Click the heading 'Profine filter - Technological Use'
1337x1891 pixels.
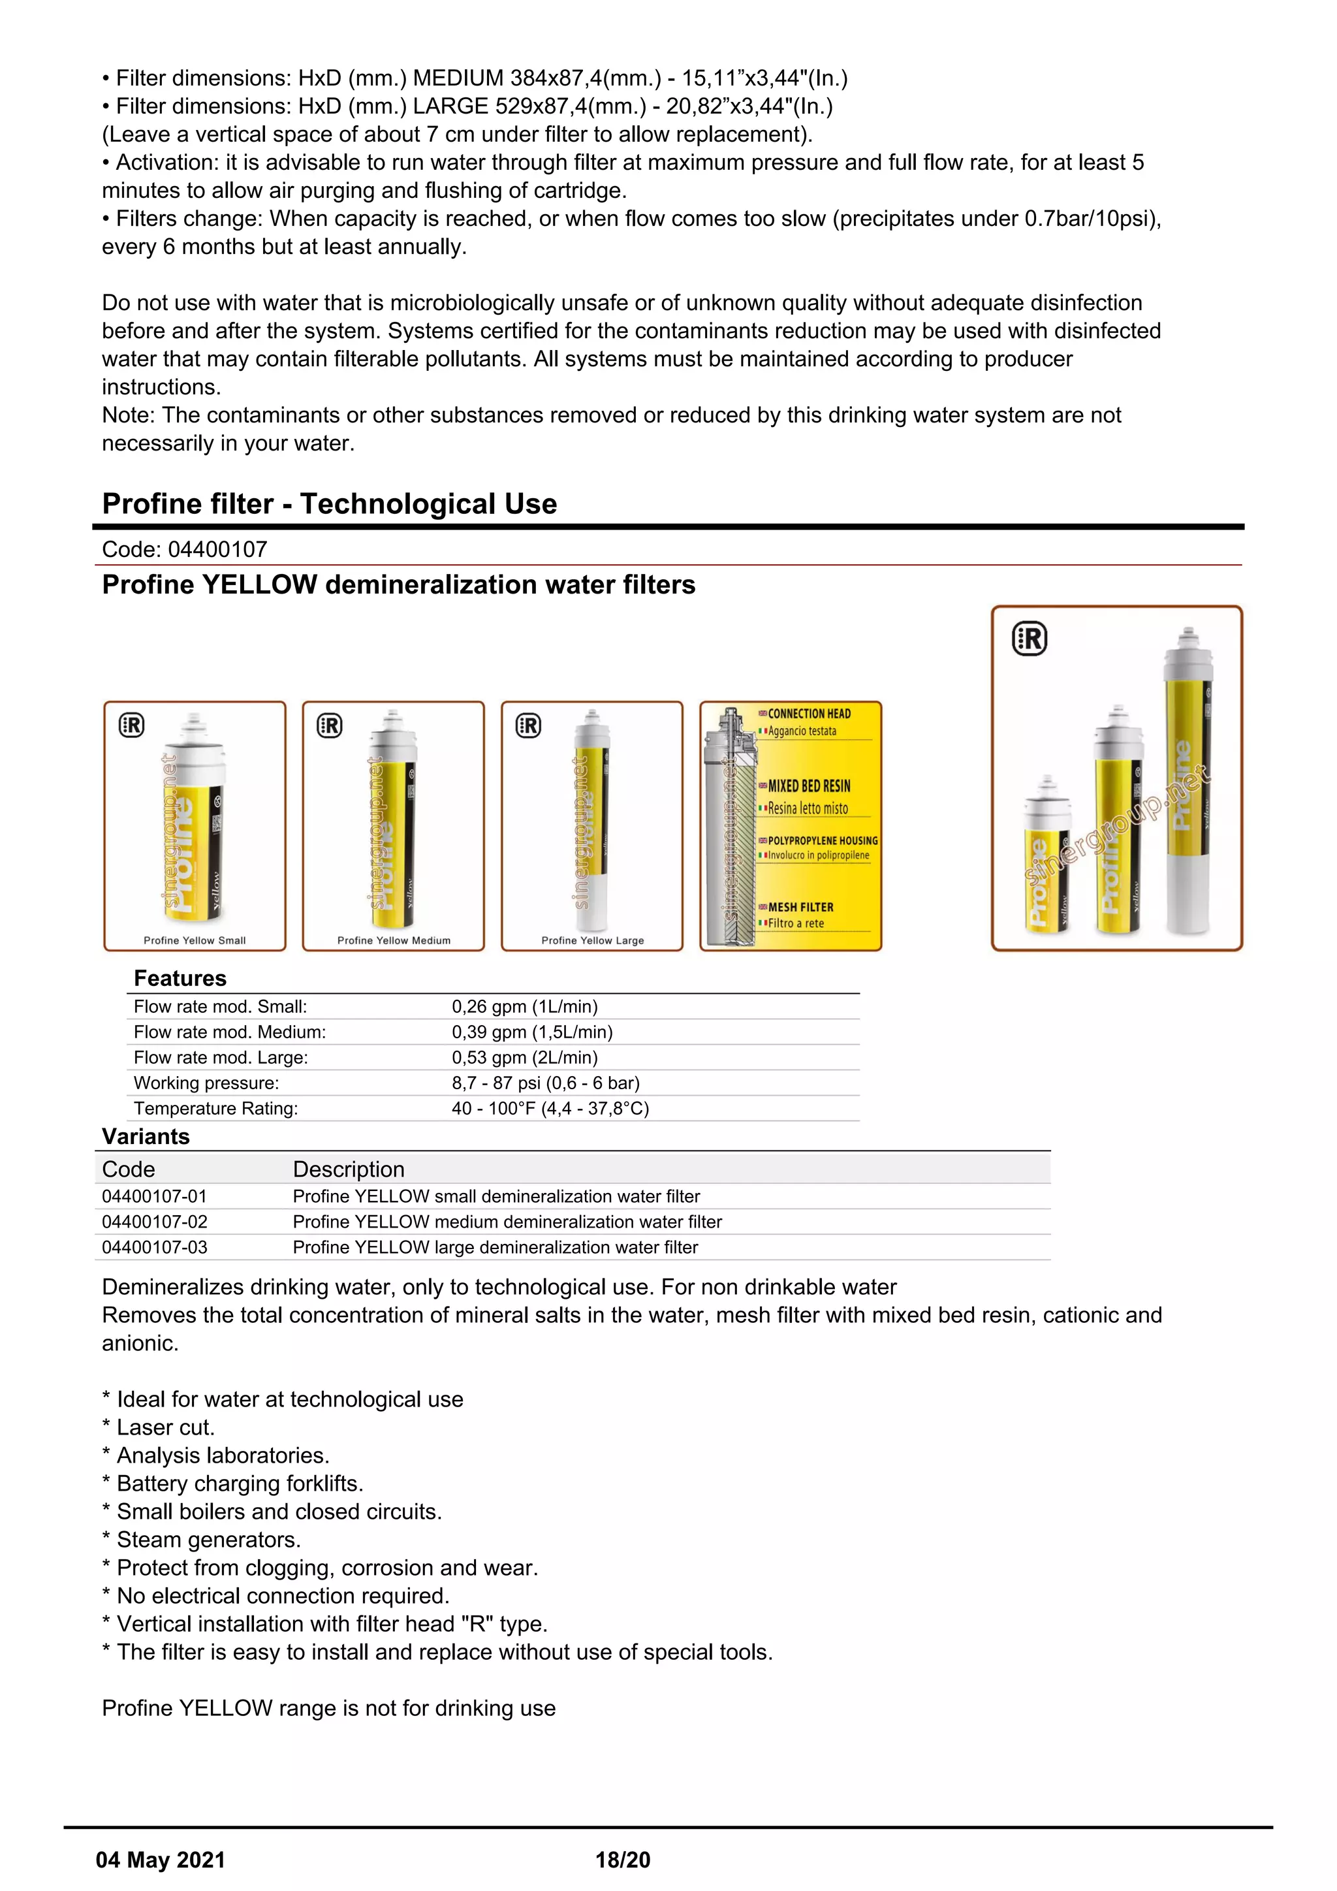[329, 504]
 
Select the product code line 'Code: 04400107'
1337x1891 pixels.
[184, 549]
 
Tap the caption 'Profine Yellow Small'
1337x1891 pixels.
[195, 940]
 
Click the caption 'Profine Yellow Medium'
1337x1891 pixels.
[394, 940]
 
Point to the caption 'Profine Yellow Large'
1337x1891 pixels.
[592, 940]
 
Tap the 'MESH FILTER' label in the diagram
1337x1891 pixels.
[800, 908]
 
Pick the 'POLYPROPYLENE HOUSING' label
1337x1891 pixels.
[822, 841]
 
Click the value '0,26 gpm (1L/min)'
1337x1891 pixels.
[524, 1006]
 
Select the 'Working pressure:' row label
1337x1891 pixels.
[207, 1083]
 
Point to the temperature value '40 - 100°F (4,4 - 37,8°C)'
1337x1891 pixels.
[550, 1109]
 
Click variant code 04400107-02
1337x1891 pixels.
[155, 1222]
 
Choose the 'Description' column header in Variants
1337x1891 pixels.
[348, 1169]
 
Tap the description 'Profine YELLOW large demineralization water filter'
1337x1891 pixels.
[495, 1248]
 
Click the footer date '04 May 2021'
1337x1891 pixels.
[161, 1860]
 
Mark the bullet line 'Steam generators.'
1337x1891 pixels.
[208, 1540]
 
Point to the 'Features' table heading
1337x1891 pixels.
[180, 978]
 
